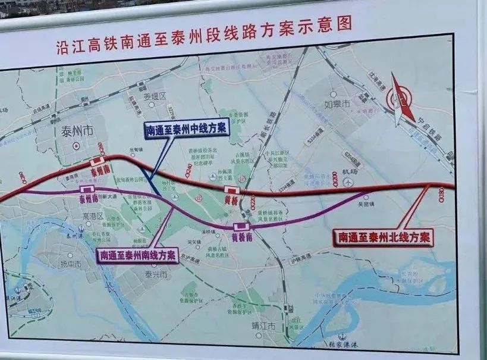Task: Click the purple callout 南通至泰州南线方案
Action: [x=137, y=255]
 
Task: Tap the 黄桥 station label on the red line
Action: [x=232, y=201]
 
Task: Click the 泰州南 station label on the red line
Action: [x=100, y=170]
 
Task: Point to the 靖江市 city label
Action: [x=264, y=326]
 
